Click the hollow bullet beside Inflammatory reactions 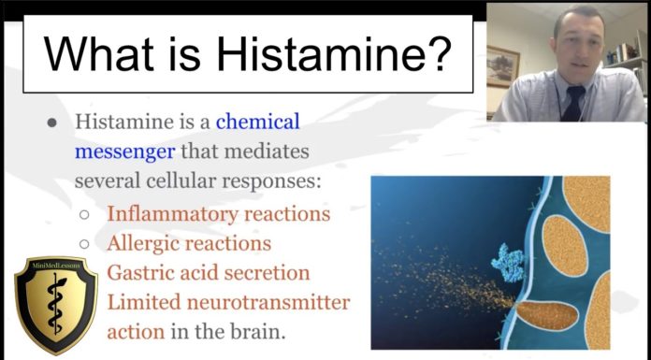point(84,214)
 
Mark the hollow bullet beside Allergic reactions point(84,244)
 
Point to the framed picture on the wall point(502,65)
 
